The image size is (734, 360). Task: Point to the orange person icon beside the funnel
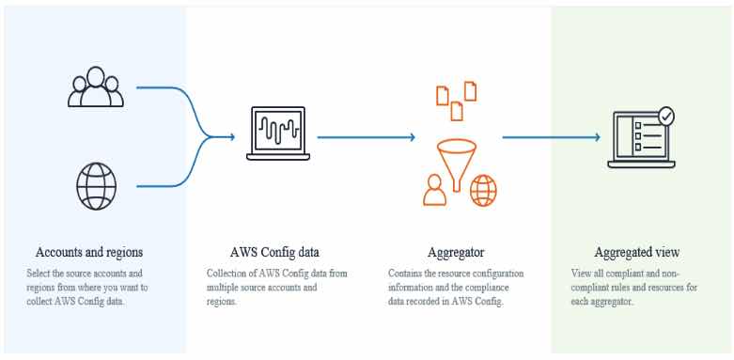[434, 191]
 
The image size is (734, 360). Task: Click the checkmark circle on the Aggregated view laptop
[666, 117]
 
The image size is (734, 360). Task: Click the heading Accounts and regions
[89, 252]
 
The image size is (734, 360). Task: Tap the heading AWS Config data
[273, 252]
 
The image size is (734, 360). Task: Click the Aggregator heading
[457, 252]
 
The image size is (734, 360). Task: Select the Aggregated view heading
[638, 252]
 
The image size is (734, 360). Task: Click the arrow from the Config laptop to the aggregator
[366, 137]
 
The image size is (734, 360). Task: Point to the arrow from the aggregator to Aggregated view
[550, 137]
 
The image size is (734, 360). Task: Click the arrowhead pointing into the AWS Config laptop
[229, 137]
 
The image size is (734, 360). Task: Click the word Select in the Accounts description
[38, 274]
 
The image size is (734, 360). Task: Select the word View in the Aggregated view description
[581, 274]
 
